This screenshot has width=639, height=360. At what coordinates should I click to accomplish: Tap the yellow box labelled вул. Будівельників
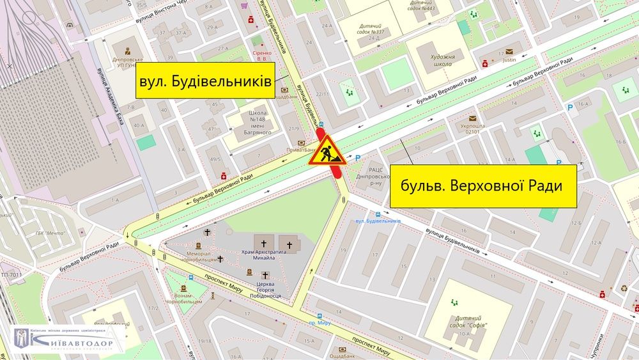(204, 81)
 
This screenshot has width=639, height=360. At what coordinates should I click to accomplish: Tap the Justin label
(509, 61)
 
